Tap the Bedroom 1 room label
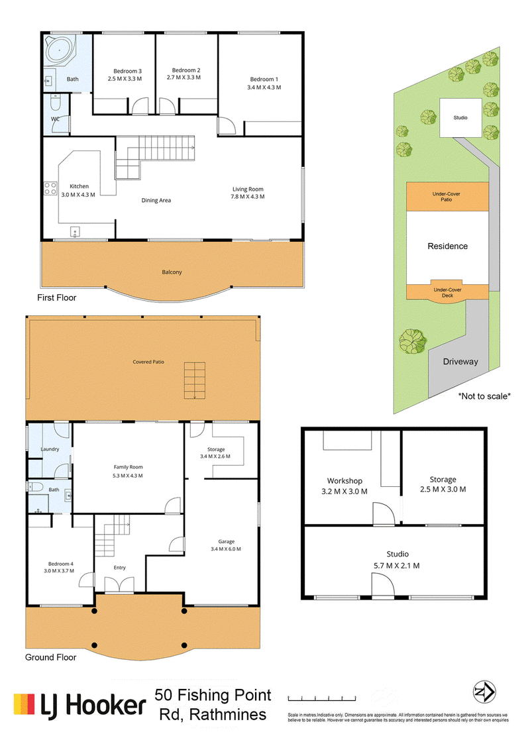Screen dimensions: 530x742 264,79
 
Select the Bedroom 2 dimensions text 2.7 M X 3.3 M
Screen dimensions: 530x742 184,77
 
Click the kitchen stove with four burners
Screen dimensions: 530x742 50,188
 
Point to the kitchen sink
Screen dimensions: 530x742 75,232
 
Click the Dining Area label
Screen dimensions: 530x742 156,200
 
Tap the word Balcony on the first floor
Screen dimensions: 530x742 172,272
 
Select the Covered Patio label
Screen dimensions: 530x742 148,362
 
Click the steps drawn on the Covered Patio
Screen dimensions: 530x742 195,380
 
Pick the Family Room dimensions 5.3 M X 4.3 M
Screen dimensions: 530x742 128,476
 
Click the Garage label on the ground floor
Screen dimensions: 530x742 226,541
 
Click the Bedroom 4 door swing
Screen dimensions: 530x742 87,580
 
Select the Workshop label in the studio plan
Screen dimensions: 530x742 344,481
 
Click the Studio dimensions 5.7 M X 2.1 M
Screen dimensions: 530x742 397,566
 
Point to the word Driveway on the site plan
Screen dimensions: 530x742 460,362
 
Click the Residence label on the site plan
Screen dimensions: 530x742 448,246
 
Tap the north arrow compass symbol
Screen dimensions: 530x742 484,693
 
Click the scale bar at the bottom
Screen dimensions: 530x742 322,698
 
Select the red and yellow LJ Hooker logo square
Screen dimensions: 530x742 24,704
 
